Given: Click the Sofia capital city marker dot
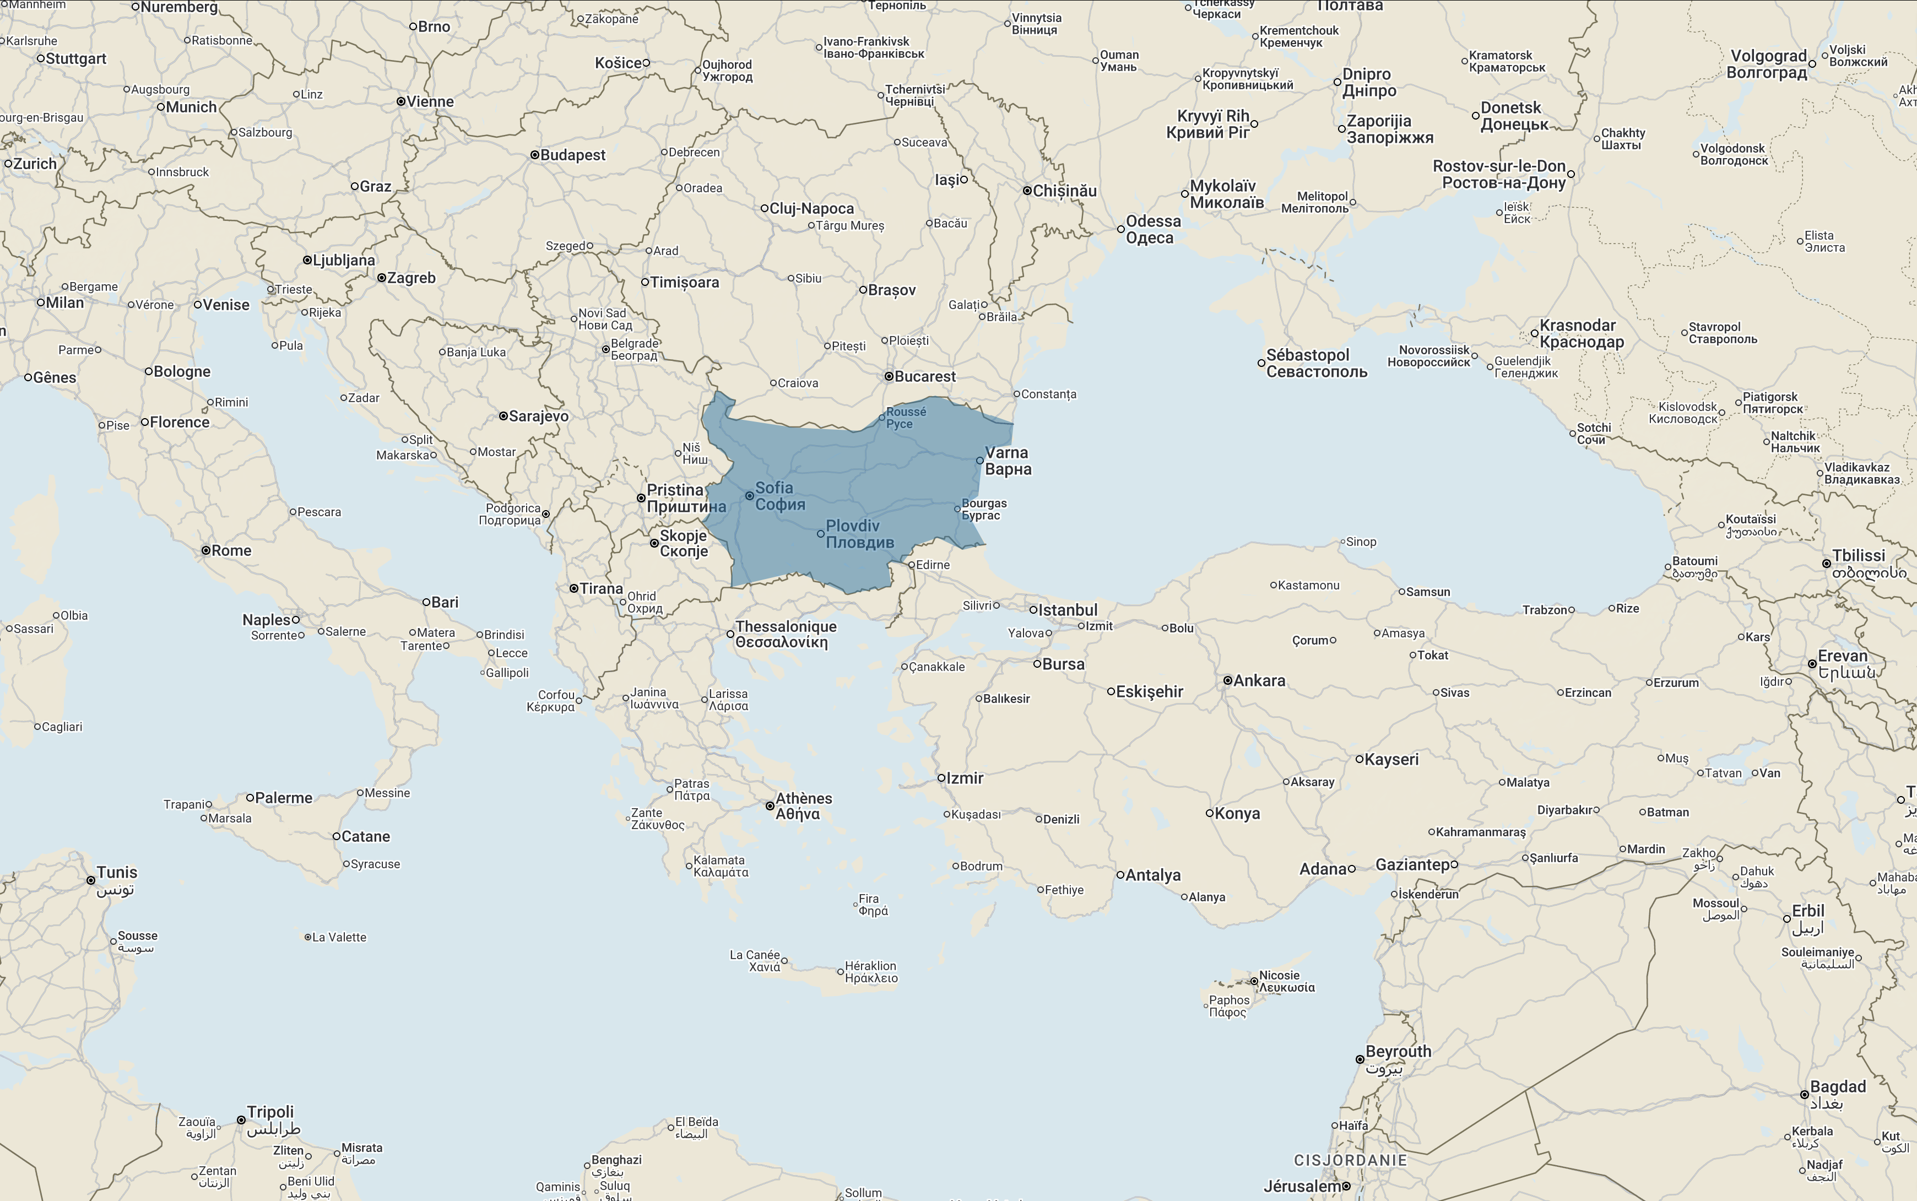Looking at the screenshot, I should click(749, 496).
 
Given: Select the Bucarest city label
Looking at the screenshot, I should click(924, 376).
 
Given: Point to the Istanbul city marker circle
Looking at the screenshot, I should click(1033, 610).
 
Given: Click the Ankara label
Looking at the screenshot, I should click(1259, 681).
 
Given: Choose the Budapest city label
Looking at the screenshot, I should click(572, 155).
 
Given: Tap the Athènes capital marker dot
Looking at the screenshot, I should click(770, 805).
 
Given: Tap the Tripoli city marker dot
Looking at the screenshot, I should click(241, 1120).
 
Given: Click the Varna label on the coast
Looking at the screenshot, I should click(1008, 461).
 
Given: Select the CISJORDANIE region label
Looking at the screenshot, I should click(1350, 1160).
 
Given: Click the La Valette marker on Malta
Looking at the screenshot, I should click(307, 937).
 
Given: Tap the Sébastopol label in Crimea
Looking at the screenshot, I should click(1316, 363).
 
